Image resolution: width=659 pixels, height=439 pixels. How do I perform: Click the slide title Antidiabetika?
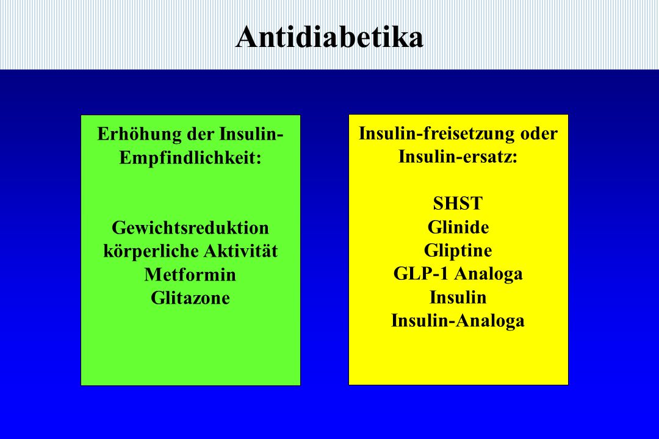[329, 37]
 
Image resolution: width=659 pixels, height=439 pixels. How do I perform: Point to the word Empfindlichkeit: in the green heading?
[190, 158]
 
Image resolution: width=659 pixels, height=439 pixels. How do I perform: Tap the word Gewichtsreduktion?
[190, 227]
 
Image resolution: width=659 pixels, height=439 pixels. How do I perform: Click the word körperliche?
[151, 252]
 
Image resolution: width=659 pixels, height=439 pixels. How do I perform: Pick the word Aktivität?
[240, 251]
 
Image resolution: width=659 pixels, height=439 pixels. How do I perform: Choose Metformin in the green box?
[190, 275]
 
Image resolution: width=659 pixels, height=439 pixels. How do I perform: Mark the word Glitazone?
[190, 298]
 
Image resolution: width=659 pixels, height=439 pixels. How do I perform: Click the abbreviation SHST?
[458, 203]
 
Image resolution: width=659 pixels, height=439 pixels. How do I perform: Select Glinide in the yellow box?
[458, 227]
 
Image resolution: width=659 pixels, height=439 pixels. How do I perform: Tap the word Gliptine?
[458, 251]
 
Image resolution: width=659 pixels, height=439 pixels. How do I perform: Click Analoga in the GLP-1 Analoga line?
[489, 274]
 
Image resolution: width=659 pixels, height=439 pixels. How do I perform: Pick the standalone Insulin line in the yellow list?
[458, 298]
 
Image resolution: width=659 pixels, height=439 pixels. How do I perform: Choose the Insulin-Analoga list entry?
[458, 321]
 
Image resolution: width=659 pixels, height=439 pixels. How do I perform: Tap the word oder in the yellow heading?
[539, 134]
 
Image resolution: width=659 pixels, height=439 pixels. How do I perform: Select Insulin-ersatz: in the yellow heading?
[458, 157]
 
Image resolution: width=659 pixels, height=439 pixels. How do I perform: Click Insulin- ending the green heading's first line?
[251, 134]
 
